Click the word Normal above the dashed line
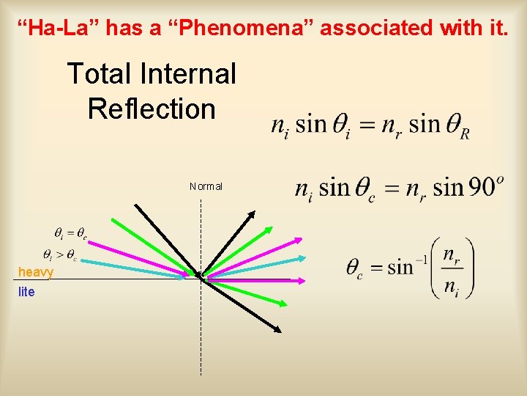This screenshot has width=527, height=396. click(x=206, y=186)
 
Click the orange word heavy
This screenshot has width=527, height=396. click(x=36, y=272)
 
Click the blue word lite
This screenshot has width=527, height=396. click(x=26, y=292)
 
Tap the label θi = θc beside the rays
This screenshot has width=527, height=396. click(x=70, y=234)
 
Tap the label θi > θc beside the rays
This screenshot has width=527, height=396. click(x=59, y=255)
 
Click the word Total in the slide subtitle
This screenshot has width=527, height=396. click(x=100, y=74)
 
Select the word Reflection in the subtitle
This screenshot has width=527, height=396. click(x=152, y=109)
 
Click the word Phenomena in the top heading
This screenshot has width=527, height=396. click(x=258, y=28)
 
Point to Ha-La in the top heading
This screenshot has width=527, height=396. click(x=60, y=28)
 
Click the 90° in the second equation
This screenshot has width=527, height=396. click(x=485, y=187)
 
